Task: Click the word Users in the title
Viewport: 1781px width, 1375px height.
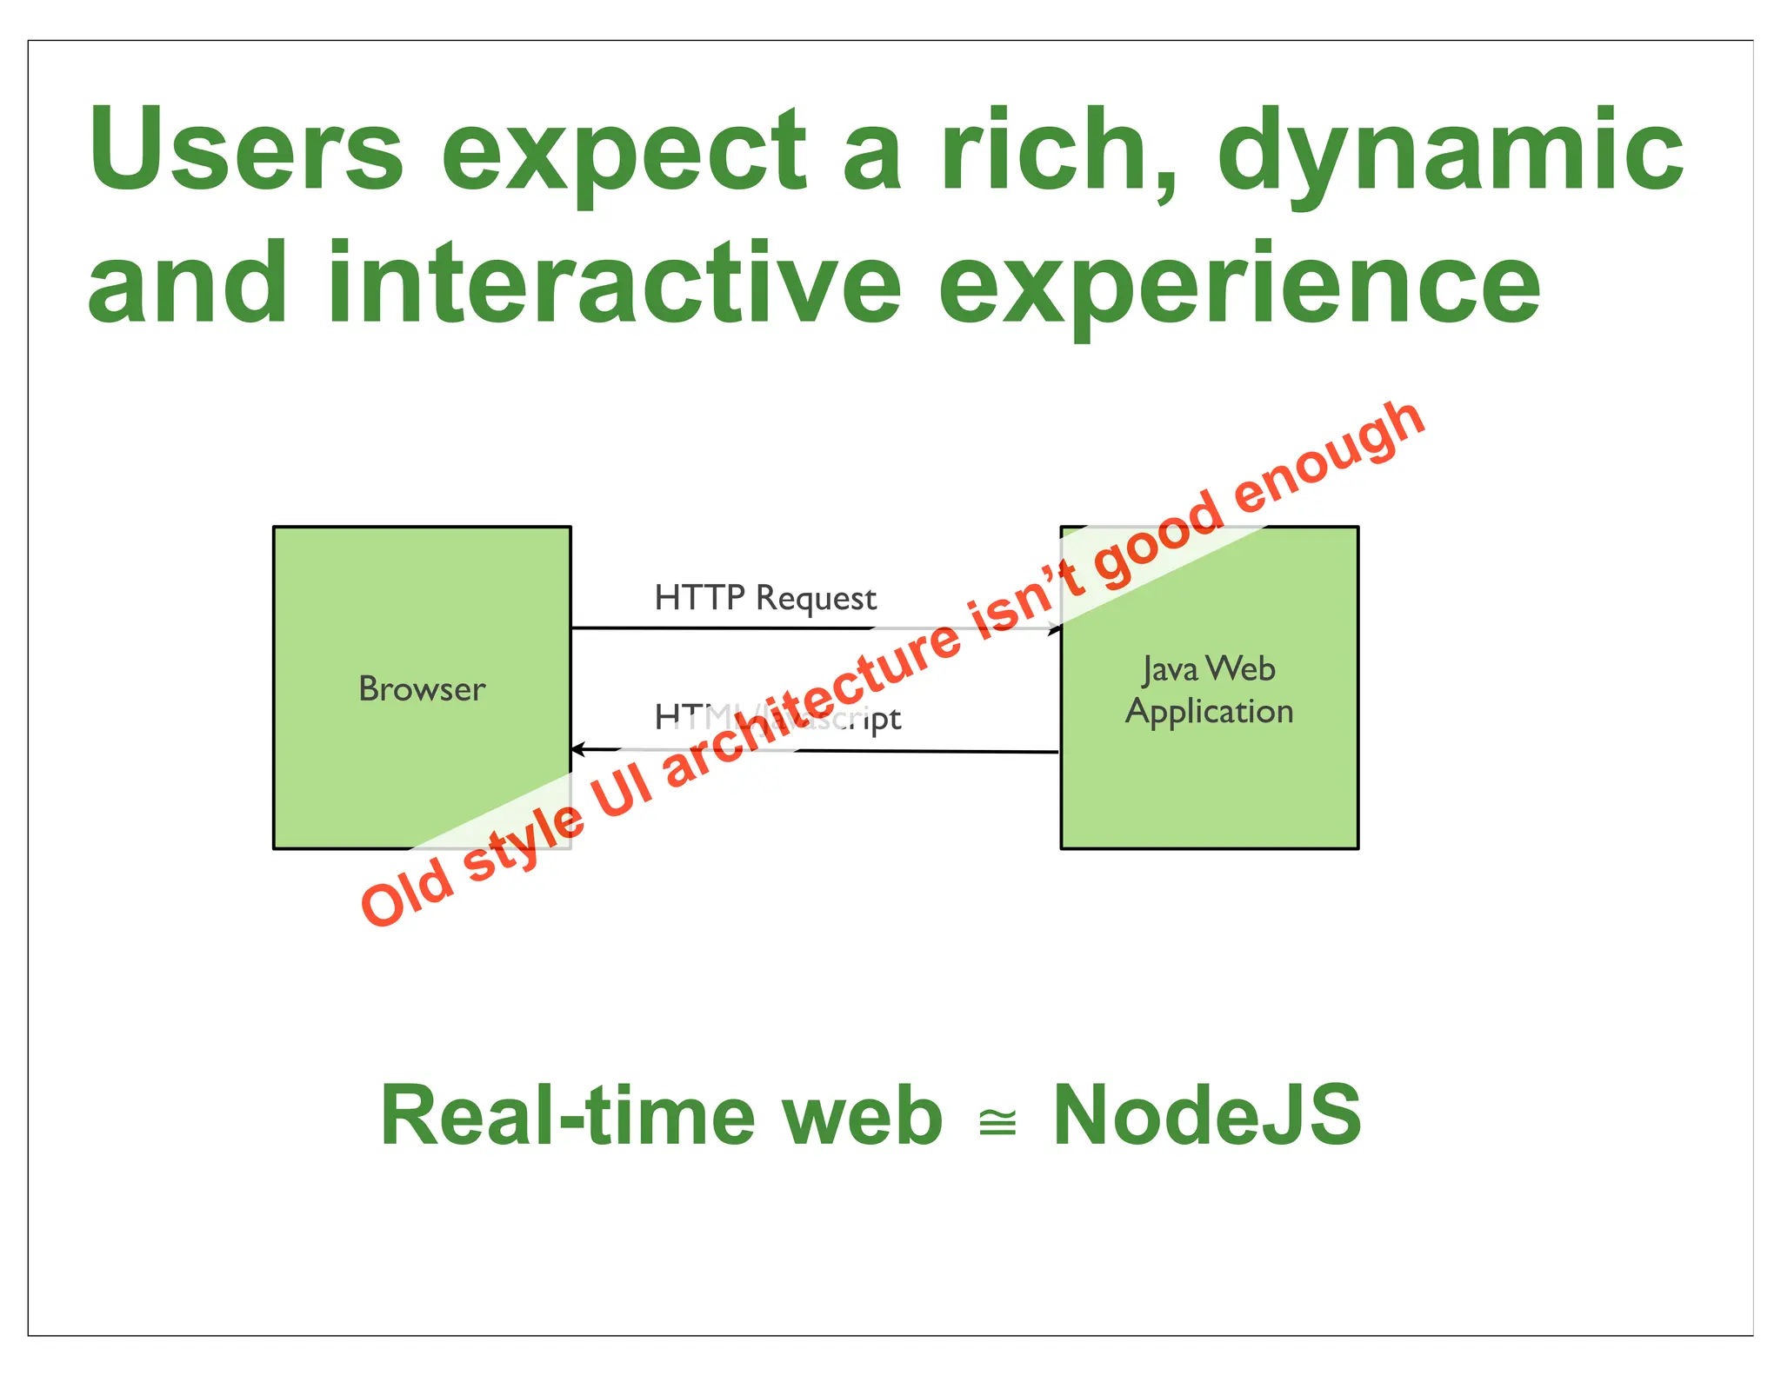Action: pos(246,149)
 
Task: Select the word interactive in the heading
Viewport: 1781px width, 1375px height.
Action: pos(614,283)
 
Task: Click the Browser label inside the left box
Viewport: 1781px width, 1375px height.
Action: pos(422,689)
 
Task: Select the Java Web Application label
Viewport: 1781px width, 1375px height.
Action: pos(1209,690)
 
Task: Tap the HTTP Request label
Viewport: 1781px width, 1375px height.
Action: pos(765,598)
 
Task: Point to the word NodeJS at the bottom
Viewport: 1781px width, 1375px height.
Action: pos(1206,1116)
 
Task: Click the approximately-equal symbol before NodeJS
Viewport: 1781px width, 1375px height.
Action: pos(997,1122)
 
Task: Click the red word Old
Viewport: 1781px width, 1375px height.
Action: pos(407,893)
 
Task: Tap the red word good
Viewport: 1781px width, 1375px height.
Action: pos(1157,543)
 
